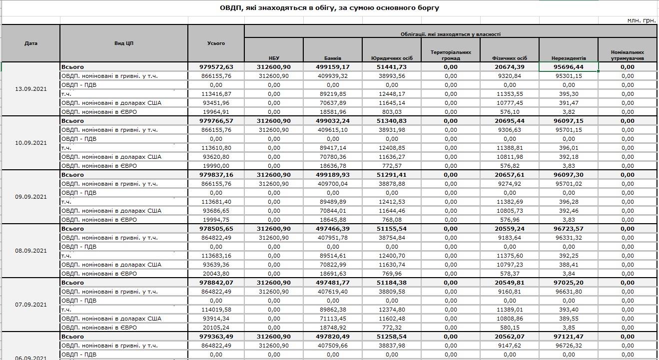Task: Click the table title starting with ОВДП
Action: (x=329, y=8)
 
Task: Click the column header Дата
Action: (x=31, y=43)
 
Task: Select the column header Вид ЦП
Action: (x=124, y=43)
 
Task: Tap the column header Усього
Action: (x=216, y=43)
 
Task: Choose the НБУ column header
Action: (x=274, y=58)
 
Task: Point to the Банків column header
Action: (x=333, y=58)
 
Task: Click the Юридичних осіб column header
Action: (x=392, y=58)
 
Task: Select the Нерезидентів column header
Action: (x=569, y=58)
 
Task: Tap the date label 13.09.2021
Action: (x=31, y=89)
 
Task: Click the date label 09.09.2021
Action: (x=31, y=197)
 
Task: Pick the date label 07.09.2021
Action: (x=31, y=305)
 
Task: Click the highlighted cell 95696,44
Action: (x=569, y=67)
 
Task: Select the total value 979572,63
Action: (x=216, y=67)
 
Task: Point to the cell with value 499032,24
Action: (x=333, y=121)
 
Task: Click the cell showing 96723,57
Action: (x=569, y=229)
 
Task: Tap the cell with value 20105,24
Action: (x=216, y=328)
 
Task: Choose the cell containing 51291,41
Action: (x=392, y=175)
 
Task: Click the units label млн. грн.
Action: (x=642, y=20)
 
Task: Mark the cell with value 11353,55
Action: (x=510, y=94)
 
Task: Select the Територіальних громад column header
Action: (x=451, y=55)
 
